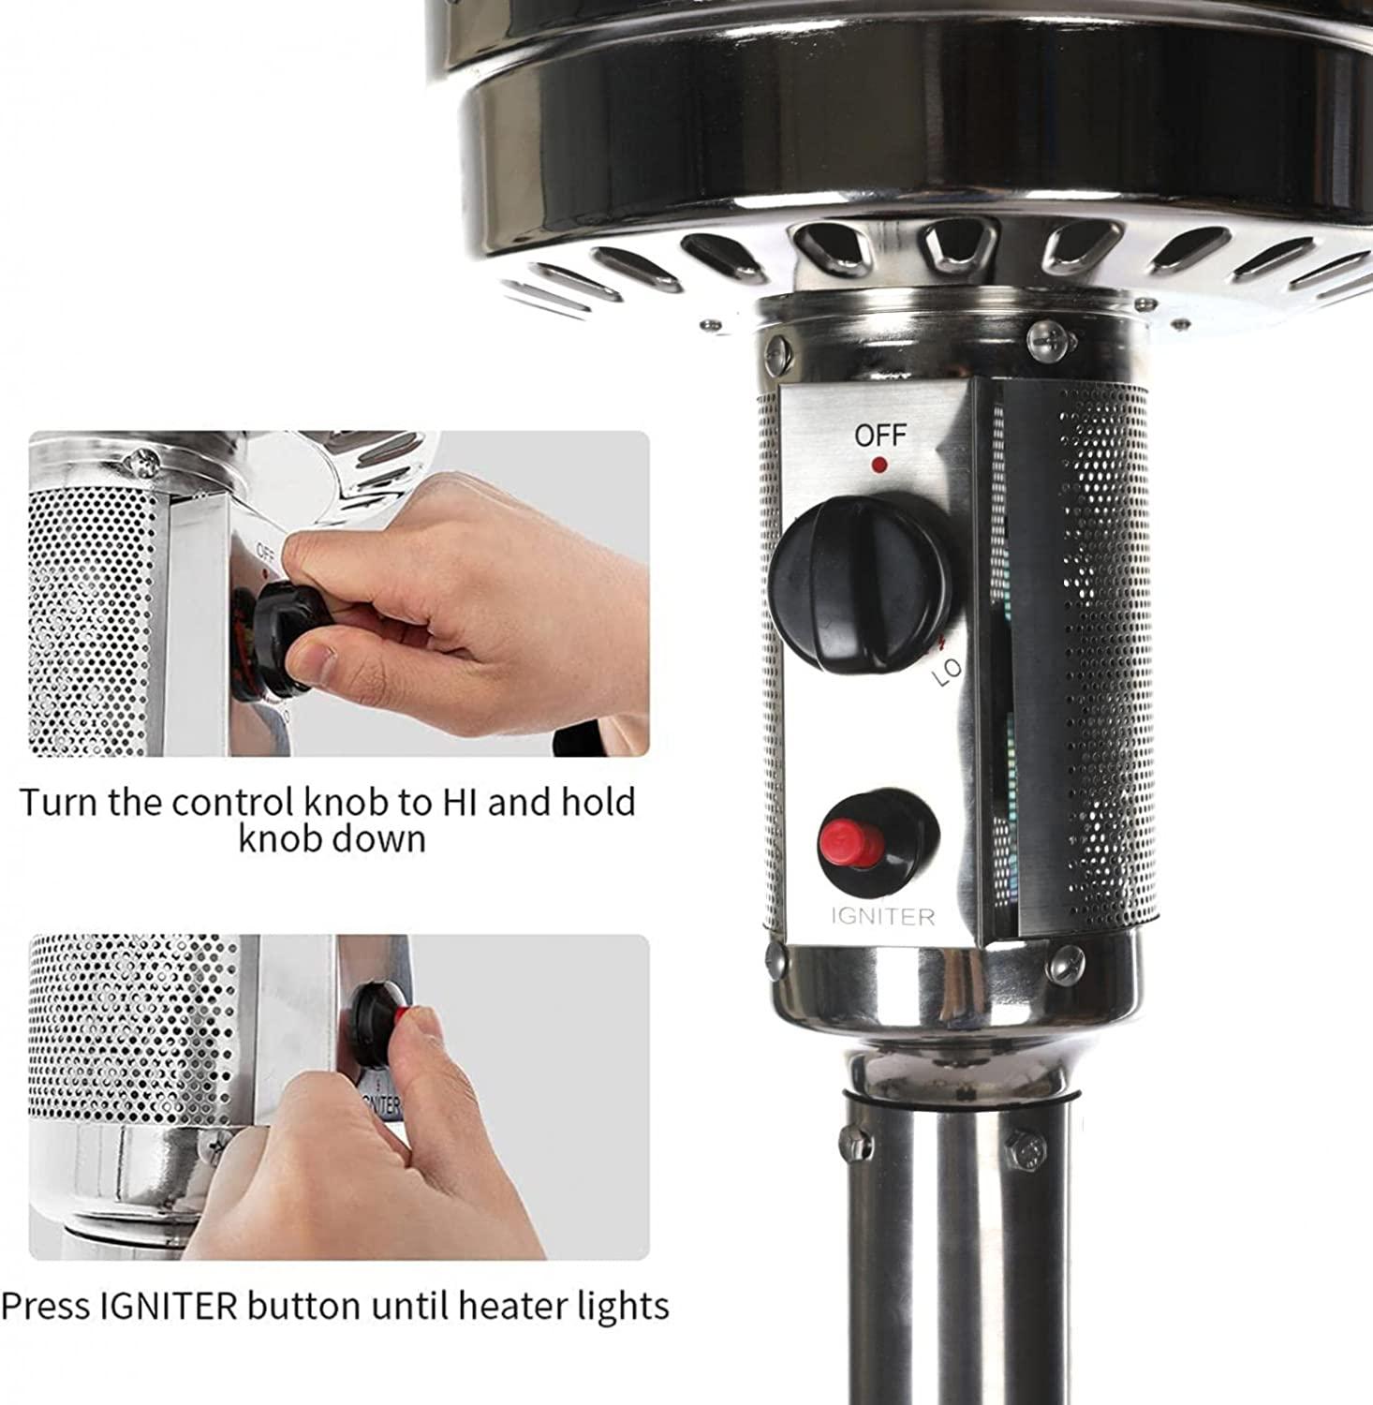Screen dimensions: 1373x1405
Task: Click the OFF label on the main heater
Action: point(880,436)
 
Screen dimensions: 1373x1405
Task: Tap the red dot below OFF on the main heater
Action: point(879,464)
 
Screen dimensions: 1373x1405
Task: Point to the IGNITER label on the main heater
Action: point(883,916)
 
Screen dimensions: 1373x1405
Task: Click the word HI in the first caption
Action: point(460,802)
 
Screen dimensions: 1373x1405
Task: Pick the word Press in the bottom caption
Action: point(47,1305)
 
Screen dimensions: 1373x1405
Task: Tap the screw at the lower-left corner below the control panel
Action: point(775,956)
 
